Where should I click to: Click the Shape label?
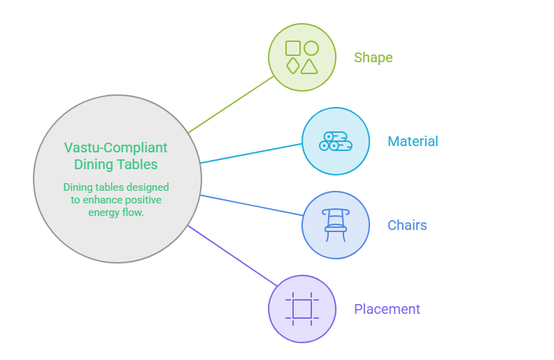(x=373, y=57)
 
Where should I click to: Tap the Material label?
(x=413, y=141)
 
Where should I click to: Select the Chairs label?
(x=407, y=225)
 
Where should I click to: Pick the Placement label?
(x=387, y=309)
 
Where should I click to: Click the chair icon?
(x=336, y=225)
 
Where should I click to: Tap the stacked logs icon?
(x=336, y=141)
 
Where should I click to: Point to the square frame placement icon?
(x=302, y=309)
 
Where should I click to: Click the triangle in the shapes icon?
(x=309, y=66)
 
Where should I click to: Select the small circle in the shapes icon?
(x=311, y=48)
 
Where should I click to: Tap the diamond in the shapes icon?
(x=293, y=66)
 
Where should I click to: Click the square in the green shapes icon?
(x=293, y=48)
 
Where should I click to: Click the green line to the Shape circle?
(x=231, y=104)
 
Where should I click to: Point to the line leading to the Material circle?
(x=251, y=153)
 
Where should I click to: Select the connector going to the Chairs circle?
(x=252, y=205)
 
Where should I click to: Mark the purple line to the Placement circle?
(x=232, y=256)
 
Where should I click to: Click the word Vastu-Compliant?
(x=115, y=147)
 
